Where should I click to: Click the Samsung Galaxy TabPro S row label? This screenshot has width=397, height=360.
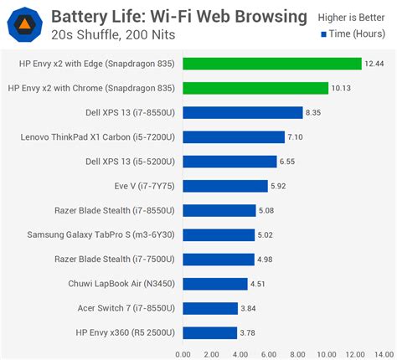click(x=102, y=234)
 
